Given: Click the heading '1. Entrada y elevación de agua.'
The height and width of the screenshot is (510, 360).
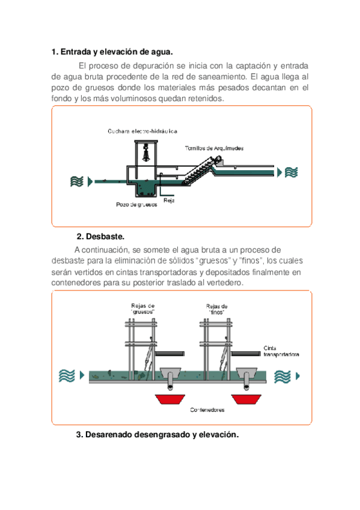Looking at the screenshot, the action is [x=112, y=52].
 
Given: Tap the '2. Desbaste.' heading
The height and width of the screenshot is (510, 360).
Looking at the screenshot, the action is [x=100, y=236].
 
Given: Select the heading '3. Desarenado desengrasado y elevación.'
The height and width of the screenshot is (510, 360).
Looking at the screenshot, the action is [x=157, y=435].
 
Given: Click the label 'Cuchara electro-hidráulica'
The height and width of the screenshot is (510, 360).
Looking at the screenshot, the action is [x=142, y=131].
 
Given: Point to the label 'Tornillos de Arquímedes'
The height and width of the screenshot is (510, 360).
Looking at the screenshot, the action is [x=214, y=149].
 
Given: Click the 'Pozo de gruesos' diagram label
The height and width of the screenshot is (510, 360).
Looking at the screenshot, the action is [x=136, y=204].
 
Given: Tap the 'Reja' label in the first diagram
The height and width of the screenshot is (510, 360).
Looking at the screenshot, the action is [x=169, y=200].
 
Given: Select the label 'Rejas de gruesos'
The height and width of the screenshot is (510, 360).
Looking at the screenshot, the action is [x=142, y=309].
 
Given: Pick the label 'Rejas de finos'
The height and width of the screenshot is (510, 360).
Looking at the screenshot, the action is [x=217, y=309].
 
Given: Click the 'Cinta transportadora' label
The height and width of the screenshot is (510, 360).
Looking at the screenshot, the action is [x=281, y=351].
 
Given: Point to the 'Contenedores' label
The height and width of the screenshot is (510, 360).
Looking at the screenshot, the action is [x=207, y=410].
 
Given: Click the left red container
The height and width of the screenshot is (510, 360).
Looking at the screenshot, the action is [x=170, y=399].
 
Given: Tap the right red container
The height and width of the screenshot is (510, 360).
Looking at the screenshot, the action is [x=246, y=399].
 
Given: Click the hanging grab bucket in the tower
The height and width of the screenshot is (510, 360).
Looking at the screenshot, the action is [x=147, y=152].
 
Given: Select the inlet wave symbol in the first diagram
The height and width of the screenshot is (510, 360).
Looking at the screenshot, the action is [x=77, y=181].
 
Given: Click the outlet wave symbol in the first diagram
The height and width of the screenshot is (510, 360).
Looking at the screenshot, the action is [x=291, y=172].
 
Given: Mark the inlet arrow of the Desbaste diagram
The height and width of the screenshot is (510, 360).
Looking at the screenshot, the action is [x=82, y=375].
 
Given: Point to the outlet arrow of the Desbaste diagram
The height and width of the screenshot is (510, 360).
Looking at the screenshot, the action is [x=297, y=376].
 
